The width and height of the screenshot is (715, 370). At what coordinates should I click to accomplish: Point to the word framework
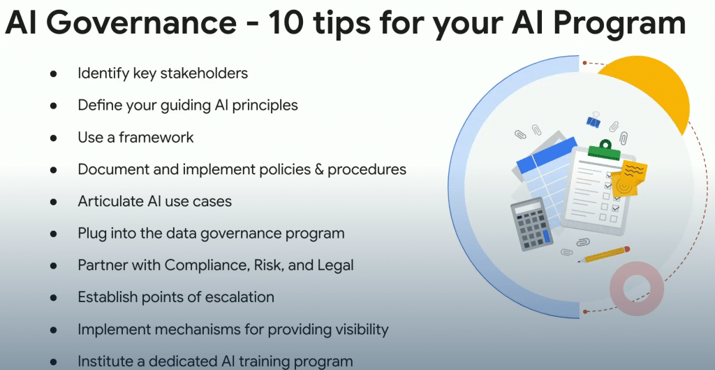point(156,137)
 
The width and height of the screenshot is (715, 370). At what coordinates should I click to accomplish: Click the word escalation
point(238,297)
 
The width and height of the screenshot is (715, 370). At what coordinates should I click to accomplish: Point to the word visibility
point(359,329)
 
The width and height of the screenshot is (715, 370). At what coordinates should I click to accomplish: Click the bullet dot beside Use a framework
point(54,138)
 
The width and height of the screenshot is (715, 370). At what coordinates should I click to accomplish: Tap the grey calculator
point(531,224)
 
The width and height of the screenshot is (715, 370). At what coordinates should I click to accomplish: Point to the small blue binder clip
point(594,120)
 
